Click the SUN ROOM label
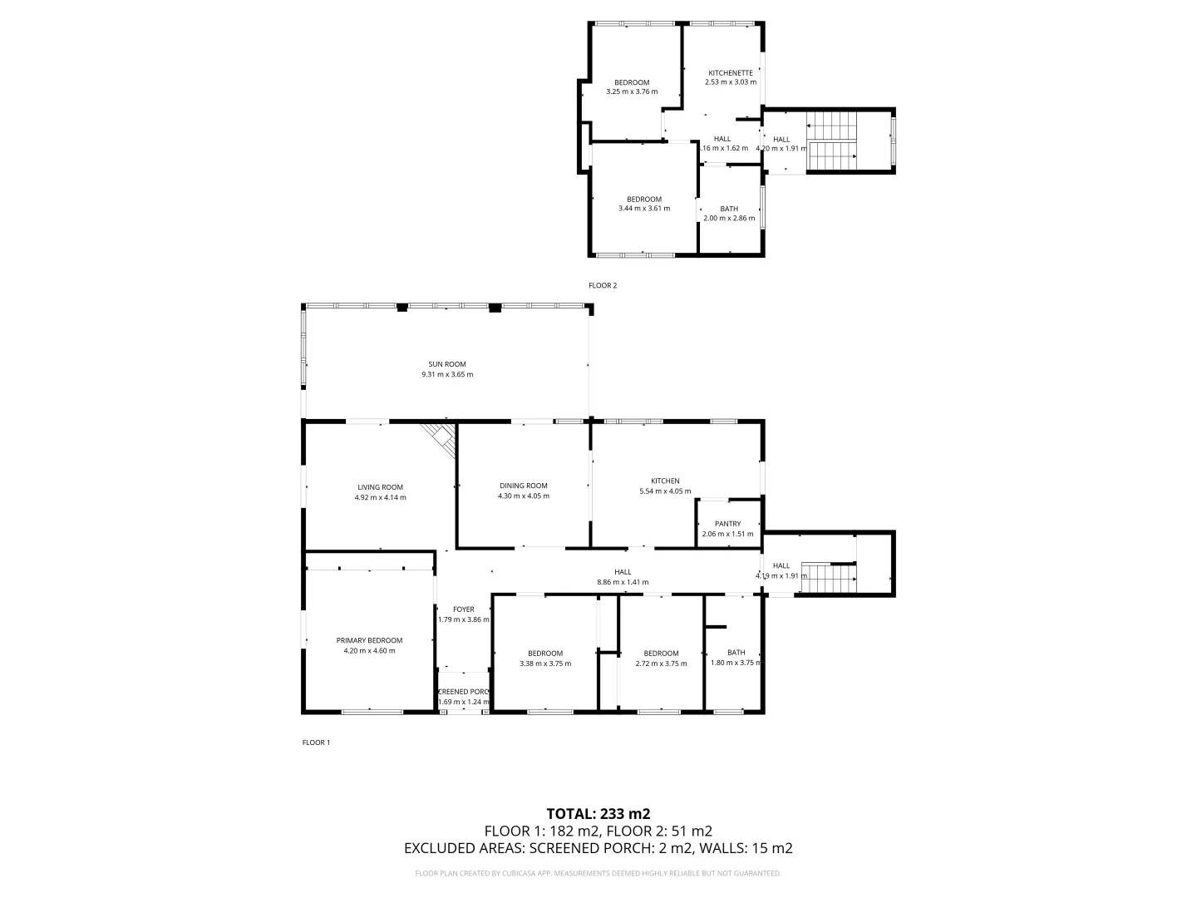[x=446, y=364]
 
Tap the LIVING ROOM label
[x=380, y=487]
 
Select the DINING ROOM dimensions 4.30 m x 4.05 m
[x=524, y=496]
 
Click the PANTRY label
[x=727, y=524]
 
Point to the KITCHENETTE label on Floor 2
[x=730, y=73]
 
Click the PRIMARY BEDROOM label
[x=369, y=640]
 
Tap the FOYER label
[x=463, y=609]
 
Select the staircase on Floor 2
[x=831, y=141]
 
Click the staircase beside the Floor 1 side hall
[x=828, y=578]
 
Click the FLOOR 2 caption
[x=603, y=285]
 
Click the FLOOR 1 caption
[x=316, y=743]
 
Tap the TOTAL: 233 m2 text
[x=598, y=814]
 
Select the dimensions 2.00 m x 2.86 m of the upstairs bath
[x=729, y=219]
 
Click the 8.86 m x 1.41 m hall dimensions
[x=623, y=582]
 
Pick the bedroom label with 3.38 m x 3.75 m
[x=545, y=654]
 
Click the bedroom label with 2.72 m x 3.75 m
[x=661, y=654]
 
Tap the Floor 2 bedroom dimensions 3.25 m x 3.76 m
[x=632, y=91]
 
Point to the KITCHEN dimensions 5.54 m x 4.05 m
[x=665, y=491]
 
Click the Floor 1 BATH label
[x=736, y=653]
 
